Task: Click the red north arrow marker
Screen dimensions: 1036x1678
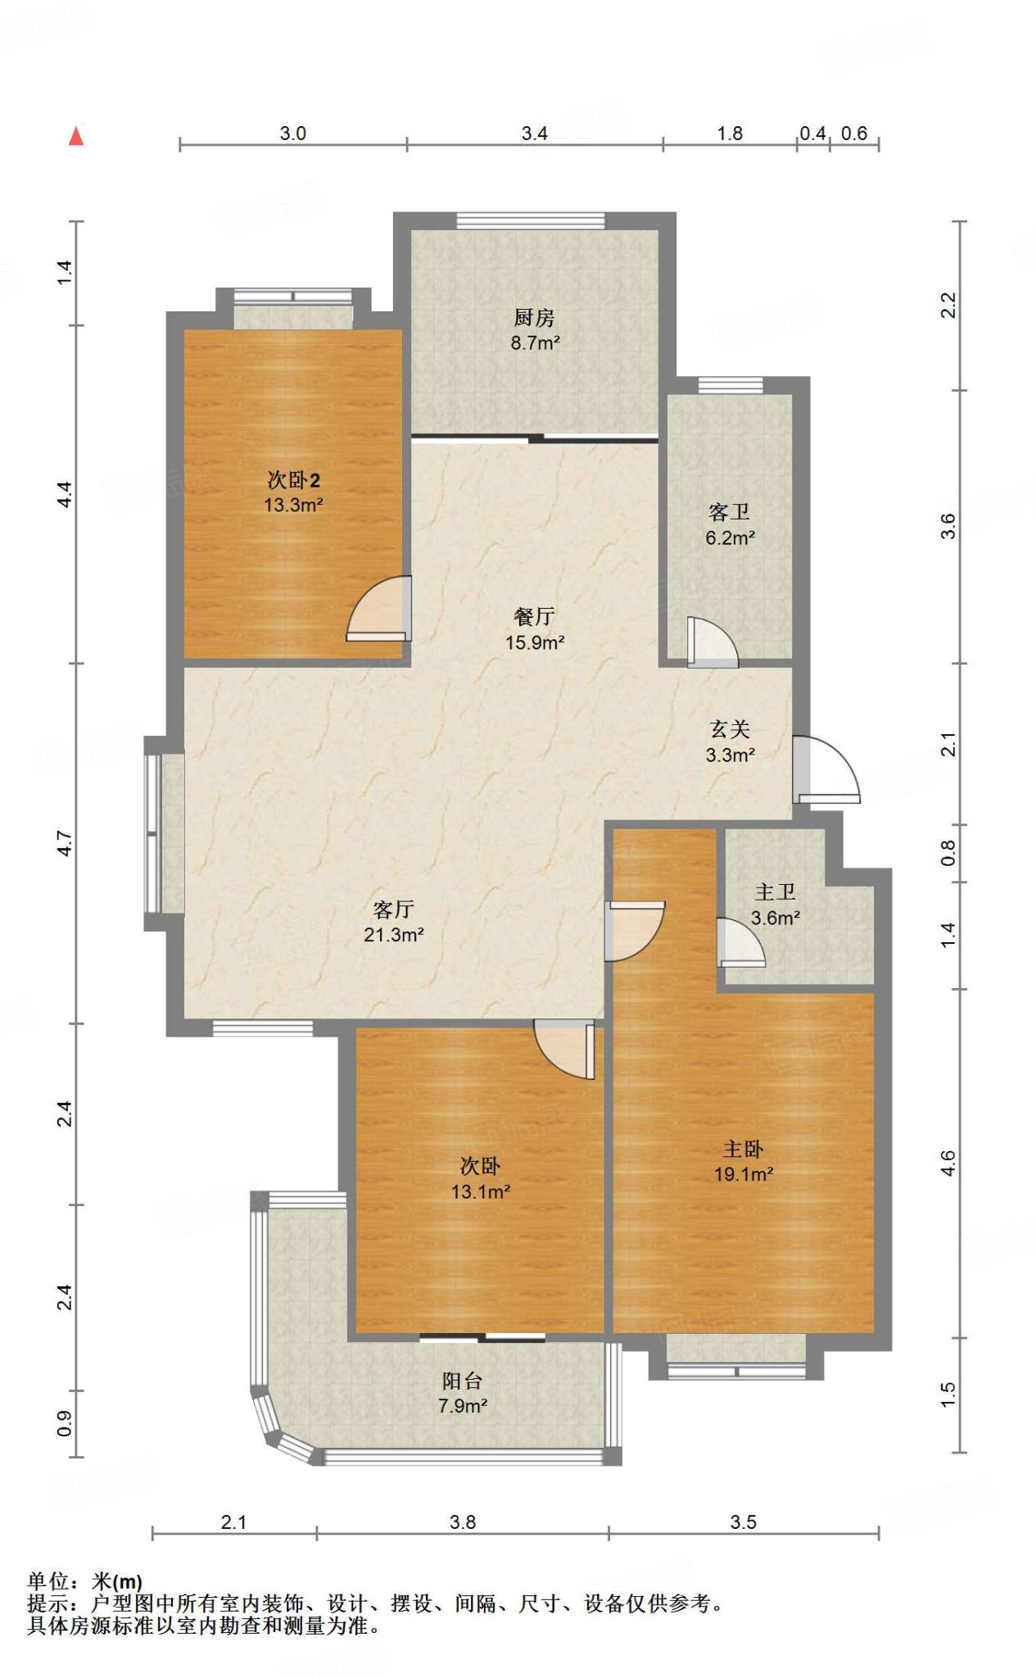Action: (76, 136)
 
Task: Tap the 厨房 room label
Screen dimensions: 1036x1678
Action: (535, 317)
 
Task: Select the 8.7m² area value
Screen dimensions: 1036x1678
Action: (536, 343)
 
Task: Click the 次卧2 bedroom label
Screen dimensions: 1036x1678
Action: (293, 480)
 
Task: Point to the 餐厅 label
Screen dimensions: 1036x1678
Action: (535, 616)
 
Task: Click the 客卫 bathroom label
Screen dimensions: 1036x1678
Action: (730, 512)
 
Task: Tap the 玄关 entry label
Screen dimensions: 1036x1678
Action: (730, 729)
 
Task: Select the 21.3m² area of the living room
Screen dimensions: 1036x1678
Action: (394, 935)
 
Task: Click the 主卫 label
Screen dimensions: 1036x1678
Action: (776, 891)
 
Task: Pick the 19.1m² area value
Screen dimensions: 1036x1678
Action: (744, 1174)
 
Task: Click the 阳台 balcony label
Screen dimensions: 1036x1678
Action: (463, 1381)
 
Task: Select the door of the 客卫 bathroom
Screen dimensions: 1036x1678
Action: (713, 642)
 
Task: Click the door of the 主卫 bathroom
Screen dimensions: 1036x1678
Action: (741, 943)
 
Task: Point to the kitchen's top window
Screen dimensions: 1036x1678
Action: (531, 220)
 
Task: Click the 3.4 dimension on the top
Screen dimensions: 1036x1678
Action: (535, 134)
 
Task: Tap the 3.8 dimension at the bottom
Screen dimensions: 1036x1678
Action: (463, 1522)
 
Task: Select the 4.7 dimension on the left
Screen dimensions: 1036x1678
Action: (65, 843)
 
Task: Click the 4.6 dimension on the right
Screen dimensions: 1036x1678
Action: (948, 1163)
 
